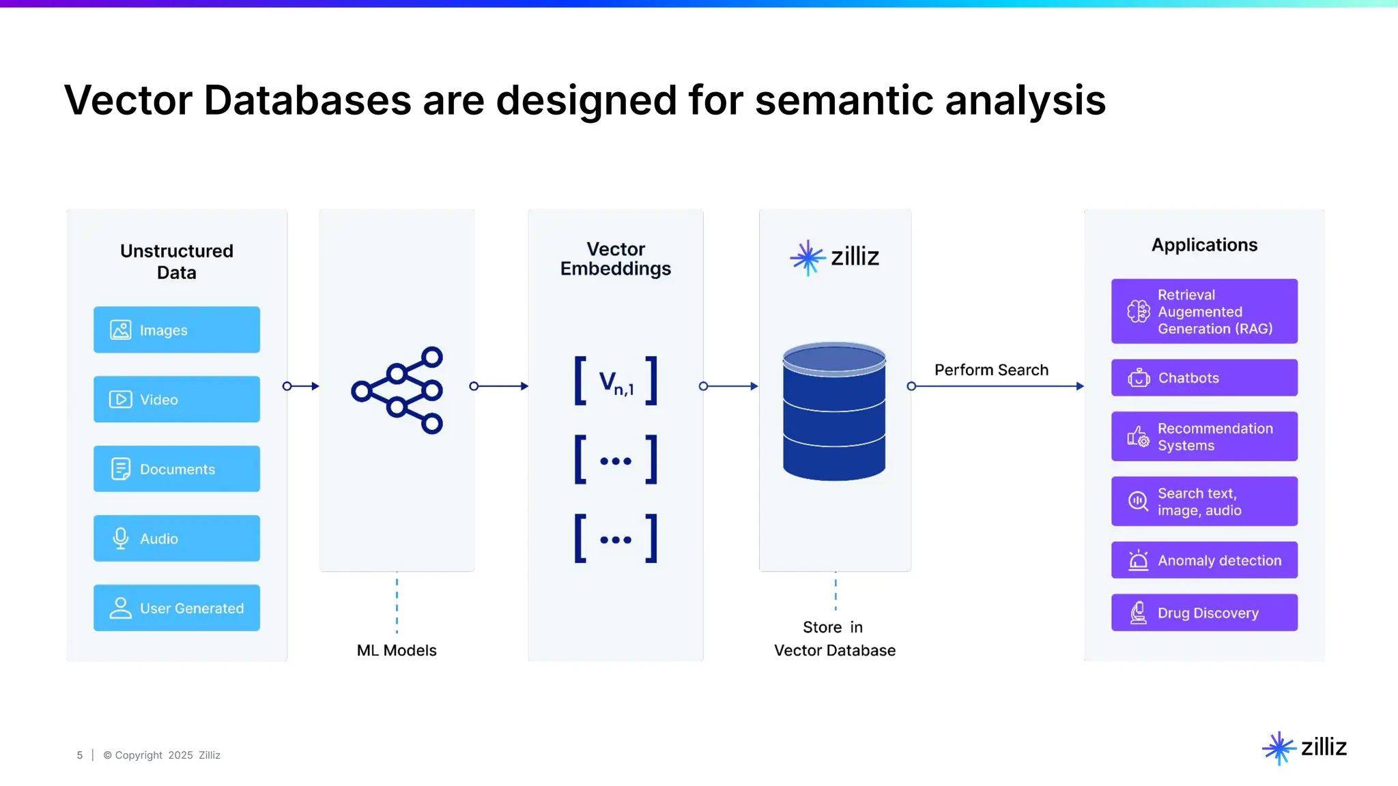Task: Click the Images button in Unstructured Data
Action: [176, 330]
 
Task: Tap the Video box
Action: [176, 399]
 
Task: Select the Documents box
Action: [176, 469]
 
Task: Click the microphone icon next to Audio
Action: [121, 538]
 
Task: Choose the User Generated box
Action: [176, 608]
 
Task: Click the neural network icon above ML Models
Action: [397, 390]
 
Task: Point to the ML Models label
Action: [397, 650]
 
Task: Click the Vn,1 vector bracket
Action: [616, 381]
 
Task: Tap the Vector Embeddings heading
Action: [616, 259]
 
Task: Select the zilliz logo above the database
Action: [834, 257]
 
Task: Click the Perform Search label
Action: [991, 370]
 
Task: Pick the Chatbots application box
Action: [1204, 377]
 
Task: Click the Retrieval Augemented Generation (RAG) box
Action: [1204, 311]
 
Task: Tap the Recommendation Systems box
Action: [1204, 437]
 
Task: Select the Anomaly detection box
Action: [1204, 560]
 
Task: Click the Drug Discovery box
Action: [1204, 613]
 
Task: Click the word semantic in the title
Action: [844, 100]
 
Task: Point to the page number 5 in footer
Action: [80, 755]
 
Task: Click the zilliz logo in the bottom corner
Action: [1304, 748]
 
